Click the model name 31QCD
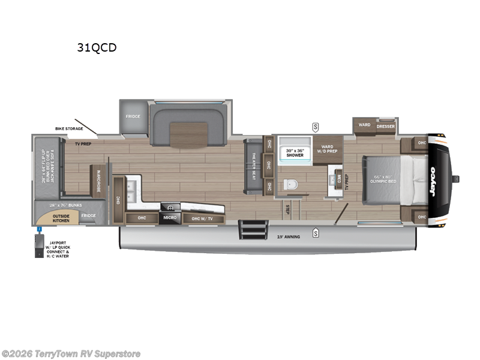[x=96, y=48]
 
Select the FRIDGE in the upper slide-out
[x=133, y=116]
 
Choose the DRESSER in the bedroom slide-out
[x=386, y=126]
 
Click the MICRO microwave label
[x=170, y=217]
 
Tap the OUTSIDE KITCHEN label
[x=61, y=218]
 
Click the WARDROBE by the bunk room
[x=98, y=180]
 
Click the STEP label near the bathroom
[x=288, y=209]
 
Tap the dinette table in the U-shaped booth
[x=188, y=134]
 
